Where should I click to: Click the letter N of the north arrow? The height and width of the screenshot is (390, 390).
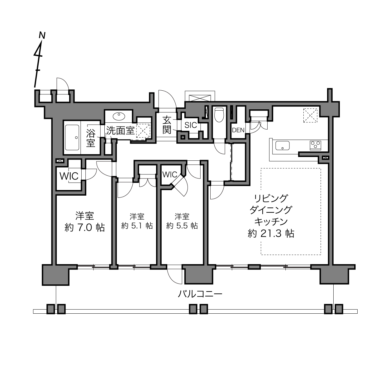click(42, 35)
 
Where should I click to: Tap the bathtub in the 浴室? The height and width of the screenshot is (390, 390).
click(72, 137)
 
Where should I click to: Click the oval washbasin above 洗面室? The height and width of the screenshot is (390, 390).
click(119, 117)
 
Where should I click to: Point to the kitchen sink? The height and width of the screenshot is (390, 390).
click(282, 145)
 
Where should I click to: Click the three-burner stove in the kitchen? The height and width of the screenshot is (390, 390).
click(316, 145)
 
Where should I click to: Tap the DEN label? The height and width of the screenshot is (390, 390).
click(238, 130)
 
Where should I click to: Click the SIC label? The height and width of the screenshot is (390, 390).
click(191, 125)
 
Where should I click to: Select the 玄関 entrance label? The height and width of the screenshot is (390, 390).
click(167, 125)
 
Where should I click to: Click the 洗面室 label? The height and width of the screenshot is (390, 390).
click(121, 131)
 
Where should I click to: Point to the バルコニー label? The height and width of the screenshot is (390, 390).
click(200, 294)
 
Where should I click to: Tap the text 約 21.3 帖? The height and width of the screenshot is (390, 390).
click(271, 234)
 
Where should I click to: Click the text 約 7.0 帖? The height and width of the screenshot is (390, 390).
click(85, 228)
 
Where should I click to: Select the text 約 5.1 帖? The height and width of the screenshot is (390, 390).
click(137, 226)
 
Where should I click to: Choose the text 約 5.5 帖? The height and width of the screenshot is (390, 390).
click(182, 226)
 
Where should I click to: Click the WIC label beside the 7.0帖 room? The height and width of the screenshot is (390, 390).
click(69, 176)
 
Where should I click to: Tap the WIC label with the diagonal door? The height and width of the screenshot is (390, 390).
click(169, 174)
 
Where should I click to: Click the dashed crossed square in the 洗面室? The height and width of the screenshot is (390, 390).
click(143, 131)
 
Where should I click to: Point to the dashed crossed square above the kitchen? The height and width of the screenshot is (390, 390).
click(310, 115)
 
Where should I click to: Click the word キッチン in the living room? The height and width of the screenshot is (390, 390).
click(271, 222)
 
